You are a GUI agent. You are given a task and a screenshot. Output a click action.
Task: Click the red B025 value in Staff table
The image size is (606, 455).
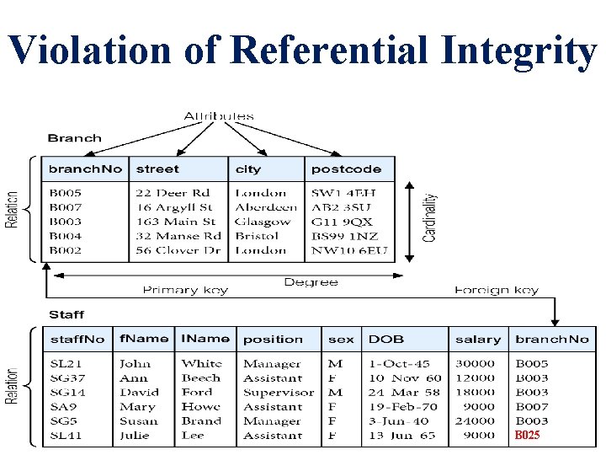point(528,436)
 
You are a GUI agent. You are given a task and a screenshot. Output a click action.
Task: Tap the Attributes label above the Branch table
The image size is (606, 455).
point(218,115)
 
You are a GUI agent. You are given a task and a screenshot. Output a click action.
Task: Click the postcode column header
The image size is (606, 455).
point(346,169)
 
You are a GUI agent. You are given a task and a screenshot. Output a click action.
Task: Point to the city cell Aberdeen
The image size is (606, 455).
point(266,207)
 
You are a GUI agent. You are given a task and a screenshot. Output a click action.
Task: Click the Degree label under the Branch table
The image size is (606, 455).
point(311,282)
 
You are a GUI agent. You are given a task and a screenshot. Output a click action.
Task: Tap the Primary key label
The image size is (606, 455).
point(185,291)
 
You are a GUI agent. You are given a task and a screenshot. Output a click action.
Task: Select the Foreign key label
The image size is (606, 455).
point(497,291)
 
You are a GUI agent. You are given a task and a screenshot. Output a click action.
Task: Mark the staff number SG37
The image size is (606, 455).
point(67,378)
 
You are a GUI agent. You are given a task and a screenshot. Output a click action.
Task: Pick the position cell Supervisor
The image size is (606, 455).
point(279,393)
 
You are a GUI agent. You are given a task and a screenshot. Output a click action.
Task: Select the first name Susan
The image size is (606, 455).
point(139,421)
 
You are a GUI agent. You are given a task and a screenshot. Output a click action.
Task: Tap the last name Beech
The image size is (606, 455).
point(201,378)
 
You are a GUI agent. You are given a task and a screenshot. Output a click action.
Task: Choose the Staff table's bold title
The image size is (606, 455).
point(66,314)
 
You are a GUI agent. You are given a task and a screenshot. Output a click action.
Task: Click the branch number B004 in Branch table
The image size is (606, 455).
point(66,236)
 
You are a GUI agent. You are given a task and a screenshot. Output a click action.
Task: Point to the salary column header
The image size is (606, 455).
point(477,340)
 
